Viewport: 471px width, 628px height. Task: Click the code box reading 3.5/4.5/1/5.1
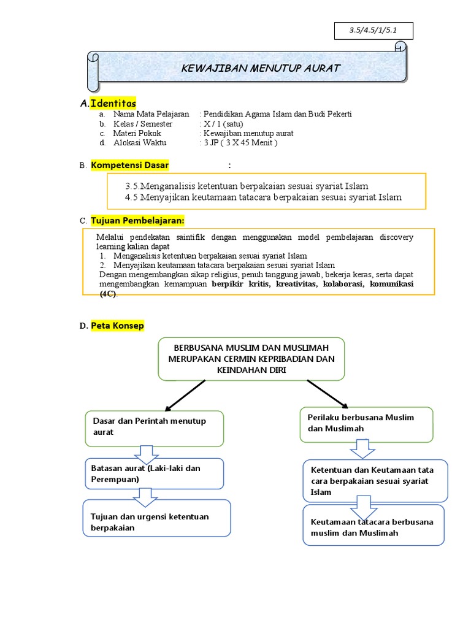[373, 31]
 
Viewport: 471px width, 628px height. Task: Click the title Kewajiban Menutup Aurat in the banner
[261, 68]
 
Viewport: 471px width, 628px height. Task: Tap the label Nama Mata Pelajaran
[151, 114]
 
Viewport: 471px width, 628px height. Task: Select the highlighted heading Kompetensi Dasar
[129, 165]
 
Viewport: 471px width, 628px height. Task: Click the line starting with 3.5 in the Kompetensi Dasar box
[247, 186]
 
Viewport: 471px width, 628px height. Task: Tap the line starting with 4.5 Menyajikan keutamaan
[263, 197]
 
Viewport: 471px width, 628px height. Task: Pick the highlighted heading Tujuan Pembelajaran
[137, 220]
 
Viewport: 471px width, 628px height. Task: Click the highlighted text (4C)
[108, 294]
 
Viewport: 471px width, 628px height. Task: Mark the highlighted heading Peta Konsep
[117, 326]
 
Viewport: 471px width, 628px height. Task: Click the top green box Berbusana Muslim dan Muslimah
[251, 359]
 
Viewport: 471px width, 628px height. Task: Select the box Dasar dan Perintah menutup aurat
[154, 427]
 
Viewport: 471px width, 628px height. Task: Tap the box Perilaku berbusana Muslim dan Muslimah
[366, 423]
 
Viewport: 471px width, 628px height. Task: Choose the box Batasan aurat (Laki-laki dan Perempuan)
[154, 473]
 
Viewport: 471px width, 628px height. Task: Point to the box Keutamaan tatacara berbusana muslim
[373, 527]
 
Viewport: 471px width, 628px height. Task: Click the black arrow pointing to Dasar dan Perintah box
[184, 394]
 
